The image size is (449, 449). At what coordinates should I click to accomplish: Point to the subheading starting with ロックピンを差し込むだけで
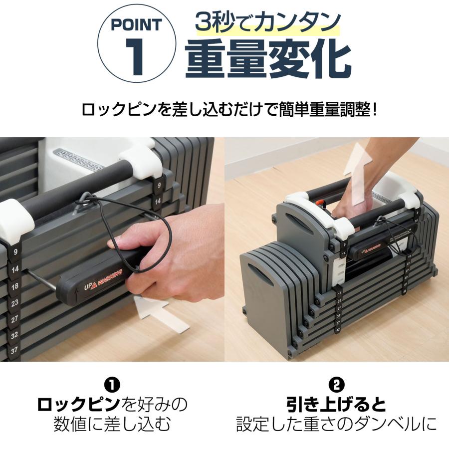point(229,109)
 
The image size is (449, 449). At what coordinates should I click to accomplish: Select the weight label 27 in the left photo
point(15,318)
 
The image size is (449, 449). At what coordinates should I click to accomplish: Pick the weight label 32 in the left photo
point(15,335)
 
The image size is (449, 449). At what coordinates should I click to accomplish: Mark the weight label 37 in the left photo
point(15,351)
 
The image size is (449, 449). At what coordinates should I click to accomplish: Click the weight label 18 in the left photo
point(15,286)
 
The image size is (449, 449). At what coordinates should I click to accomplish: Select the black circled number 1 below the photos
point(112,385)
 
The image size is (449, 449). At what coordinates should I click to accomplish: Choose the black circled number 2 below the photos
point(337,385)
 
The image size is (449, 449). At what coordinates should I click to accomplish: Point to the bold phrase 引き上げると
point(337,404)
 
